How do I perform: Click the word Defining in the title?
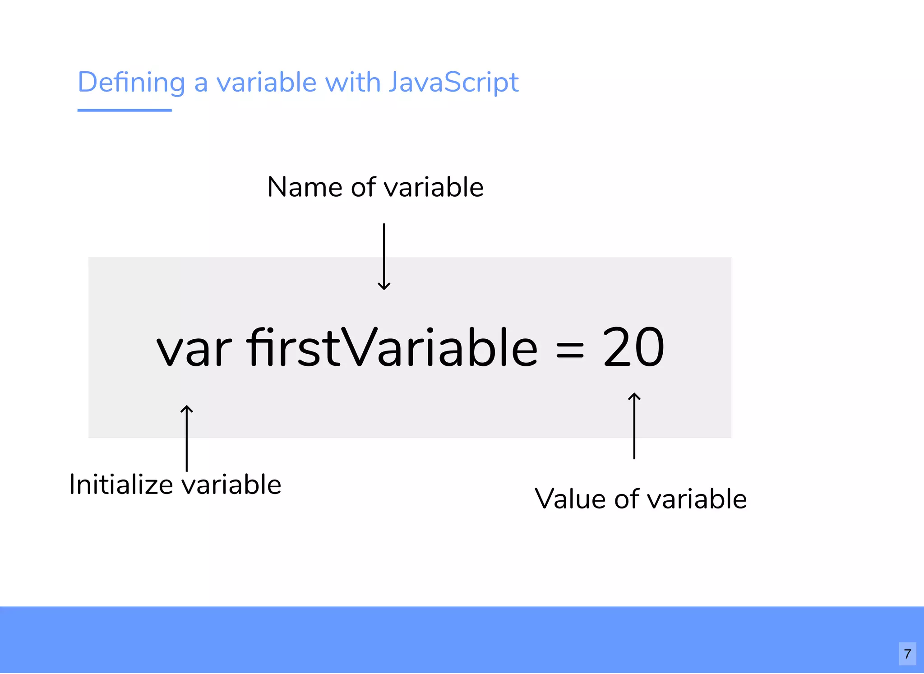coord(131,83)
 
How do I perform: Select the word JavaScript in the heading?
coord(453,83)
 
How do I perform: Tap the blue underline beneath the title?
coord(125,110)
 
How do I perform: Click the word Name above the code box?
coord(305,187)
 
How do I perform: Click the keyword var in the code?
coord(194,348)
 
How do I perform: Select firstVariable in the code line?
coord(392,346)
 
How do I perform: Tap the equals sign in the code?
coord(570,350)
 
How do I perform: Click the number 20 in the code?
coord(633,346)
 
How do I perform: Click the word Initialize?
coord(121,485)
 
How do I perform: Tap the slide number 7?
coord(907,654)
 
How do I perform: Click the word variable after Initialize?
coord(231,485)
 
